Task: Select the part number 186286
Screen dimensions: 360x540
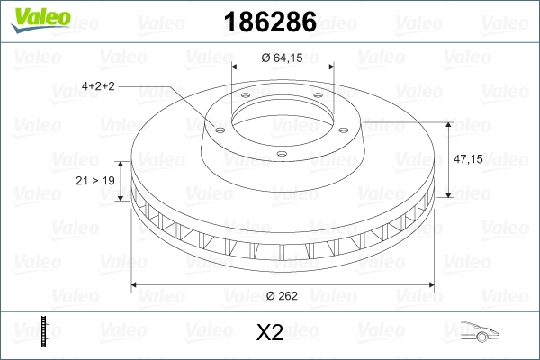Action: point(269,19)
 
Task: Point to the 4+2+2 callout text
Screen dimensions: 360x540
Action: point(100,86)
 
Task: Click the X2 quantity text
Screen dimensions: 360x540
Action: point(269,333)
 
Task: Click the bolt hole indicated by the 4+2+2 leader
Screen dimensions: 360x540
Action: point(218,126)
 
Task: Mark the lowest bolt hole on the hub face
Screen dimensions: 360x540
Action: point(281,154)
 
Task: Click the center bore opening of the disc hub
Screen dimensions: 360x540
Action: point(283,114)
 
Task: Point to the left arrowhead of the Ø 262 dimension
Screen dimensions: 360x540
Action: point(136,285)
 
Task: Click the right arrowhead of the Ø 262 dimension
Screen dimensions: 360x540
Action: point(430,285)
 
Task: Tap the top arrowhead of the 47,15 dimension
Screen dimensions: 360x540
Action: point(449,122)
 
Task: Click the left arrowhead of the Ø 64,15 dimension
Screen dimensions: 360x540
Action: point(236,67)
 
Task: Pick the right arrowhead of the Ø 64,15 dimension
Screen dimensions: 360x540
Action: point(329,67)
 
